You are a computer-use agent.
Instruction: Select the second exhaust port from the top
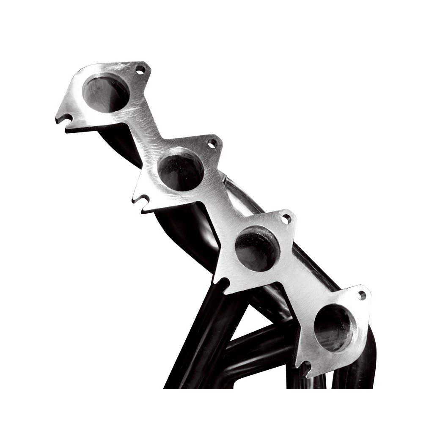pyautogui.click(x=181, y=169)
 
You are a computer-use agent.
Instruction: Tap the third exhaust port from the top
pyautogui.click(x=257, y=248)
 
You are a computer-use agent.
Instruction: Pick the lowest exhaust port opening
pyautogui.click(x=335, y=328)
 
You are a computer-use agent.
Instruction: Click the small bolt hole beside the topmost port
pyautogui.click(x=140, y=69)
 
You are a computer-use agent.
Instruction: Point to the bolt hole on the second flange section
pyautogui.click(x=212, y=144)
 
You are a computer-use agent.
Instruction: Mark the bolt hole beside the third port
pyautogui.click(x=286, y=219)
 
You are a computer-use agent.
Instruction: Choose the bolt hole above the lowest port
pyautogui.click(x=361, y=295)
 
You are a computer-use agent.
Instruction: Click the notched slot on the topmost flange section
pyautogui.click(x=65, y=118)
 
